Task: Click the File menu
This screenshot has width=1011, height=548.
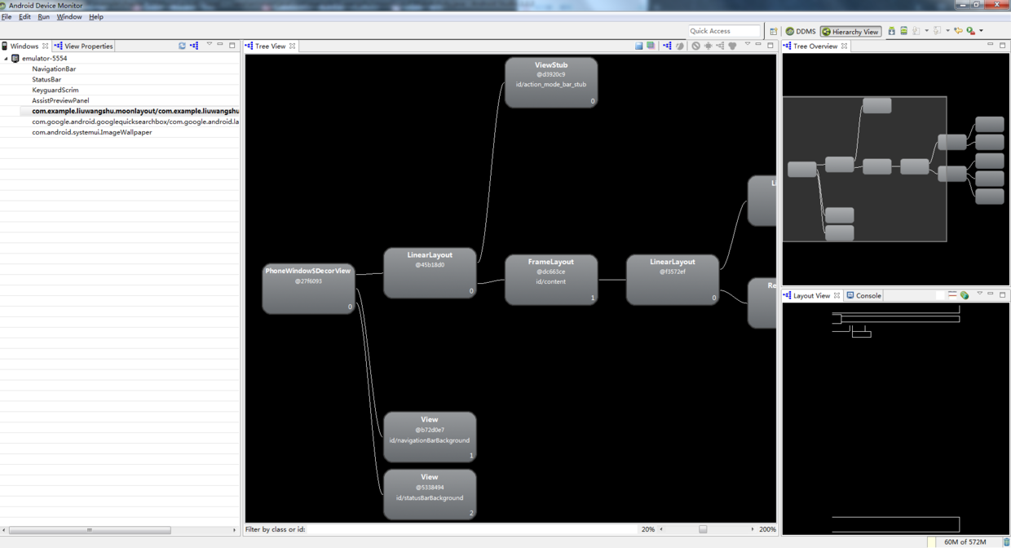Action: click(7, 16)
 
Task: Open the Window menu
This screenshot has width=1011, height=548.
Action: click(68, 16)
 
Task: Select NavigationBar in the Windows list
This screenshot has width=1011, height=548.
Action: click(54, 69)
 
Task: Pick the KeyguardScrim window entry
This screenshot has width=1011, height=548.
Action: click(55, 90)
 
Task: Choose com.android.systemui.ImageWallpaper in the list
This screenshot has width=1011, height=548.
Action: click(92, 132)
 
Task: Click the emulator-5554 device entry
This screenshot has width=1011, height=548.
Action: click(44, 59)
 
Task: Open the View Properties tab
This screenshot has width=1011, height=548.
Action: click(88, 46)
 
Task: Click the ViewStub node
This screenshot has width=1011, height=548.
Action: click(551, 82)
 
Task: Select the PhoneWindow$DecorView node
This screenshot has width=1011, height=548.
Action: click(308, 288)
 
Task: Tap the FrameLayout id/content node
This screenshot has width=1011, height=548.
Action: click(551, 280)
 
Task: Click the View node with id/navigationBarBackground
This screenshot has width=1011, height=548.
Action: click(430, 437)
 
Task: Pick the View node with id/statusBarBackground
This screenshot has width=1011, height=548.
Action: click(430, 494)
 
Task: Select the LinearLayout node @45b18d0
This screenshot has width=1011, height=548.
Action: click(430, 272)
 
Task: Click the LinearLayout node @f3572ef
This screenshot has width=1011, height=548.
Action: click(673, 280)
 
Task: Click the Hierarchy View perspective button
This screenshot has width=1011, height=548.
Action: click(850, 32)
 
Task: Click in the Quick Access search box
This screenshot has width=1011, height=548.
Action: click(724, 31)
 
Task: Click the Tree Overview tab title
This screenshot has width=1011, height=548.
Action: click(815, 46)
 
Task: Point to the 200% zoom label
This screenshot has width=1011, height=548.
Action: click(767, 529)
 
